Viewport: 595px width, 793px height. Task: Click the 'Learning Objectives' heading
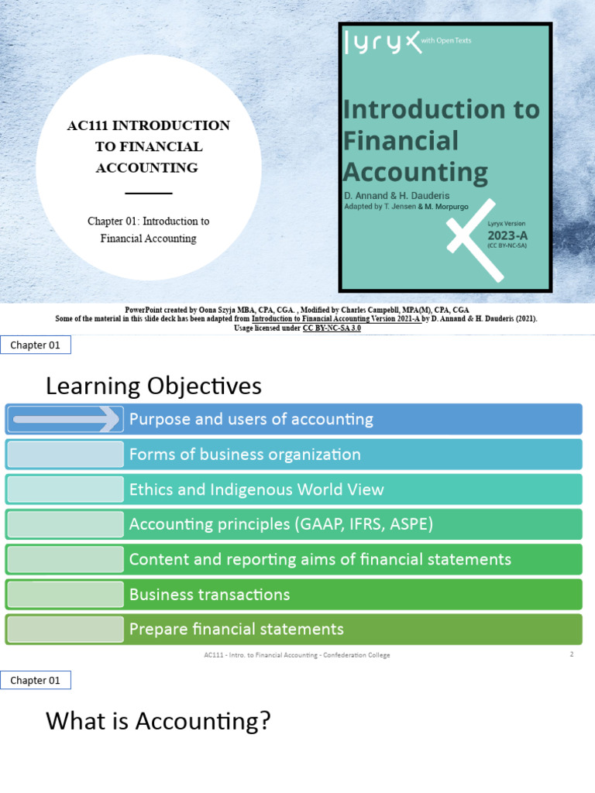[153, 386]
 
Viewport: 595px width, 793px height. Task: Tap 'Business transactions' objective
[209, 594]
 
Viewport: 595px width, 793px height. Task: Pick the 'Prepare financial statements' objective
[236, 629]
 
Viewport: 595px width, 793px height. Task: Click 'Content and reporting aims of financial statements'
[320, 559]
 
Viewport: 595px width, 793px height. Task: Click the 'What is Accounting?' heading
[158, 721]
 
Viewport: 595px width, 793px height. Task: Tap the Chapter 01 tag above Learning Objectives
[35, 345]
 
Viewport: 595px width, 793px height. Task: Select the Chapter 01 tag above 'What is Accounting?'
[35, 681]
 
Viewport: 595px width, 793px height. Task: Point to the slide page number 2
[572, 654]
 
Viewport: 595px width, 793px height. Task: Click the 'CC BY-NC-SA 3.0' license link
[332, 328]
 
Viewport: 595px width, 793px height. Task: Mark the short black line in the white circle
[148, 193]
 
